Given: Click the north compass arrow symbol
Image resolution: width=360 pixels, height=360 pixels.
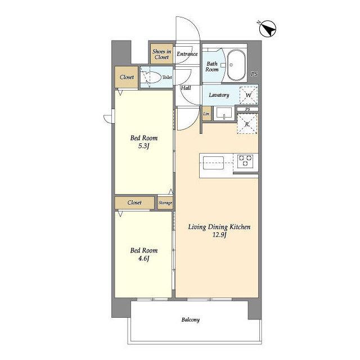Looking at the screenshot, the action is [267, 29].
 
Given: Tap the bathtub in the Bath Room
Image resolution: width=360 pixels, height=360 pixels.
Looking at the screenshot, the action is [236, 65].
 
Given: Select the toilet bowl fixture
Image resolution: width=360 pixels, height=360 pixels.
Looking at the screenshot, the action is [151, 78].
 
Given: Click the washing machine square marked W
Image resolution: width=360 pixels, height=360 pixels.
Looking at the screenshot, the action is [249, 95].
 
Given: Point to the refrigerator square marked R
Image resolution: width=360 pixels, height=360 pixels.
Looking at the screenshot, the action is [247, 124].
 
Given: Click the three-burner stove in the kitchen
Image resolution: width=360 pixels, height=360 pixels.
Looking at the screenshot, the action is [245, 161].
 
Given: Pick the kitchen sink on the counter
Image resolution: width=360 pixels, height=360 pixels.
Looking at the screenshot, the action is [213, 163].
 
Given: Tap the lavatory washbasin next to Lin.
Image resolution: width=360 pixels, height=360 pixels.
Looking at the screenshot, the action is [224, 114].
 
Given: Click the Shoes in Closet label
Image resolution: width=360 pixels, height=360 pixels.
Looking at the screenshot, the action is [161, 54].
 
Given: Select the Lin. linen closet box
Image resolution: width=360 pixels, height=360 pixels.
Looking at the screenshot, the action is [206, 114].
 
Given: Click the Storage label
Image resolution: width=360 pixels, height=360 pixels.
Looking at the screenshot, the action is [165, 202].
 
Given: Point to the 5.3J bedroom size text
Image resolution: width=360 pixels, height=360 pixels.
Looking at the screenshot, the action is [144, 146].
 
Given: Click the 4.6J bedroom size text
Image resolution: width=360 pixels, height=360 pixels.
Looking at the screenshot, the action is [144, 259].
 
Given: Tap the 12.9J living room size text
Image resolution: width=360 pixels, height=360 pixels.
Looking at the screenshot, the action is [219, 235].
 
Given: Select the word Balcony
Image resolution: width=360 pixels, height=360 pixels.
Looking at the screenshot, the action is [191, 320].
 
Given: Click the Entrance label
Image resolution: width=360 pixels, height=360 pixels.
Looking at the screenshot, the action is [187, 54].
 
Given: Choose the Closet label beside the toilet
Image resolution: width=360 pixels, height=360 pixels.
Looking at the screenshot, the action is [127, 77].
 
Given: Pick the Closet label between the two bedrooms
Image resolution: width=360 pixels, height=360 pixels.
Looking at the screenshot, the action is [134, 202].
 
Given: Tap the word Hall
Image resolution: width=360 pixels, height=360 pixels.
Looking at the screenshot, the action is [186, 88].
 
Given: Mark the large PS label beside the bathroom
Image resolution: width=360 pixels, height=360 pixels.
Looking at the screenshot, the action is [254, 74].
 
